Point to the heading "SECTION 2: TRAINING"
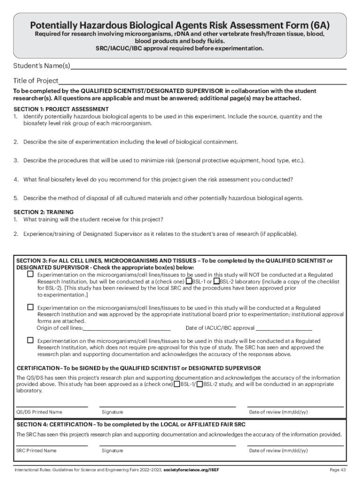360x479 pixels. pyautogui.click(x=43, y=212)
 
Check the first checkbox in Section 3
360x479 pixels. pyautogui.click(x=30, y=274)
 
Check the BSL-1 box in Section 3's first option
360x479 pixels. pyautogui.click(x=188, y=282)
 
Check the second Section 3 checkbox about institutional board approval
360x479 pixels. pyautogui.click(x=30, y=307)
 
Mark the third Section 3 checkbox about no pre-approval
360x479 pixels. pyautogui.click(x=30, y=341)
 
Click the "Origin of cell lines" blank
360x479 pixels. pyautogui.click(x=127, y=328)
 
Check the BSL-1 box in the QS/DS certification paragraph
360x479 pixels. pyautogui.click(x=177, y=385)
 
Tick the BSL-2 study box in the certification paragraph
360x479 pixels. pyautogui.click(x=200, y=385)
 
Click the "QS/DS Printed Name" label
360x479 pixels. pyautogui.click(x=39, y=412)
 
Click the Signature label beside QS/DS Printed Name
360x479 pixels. pyautogui.click(x=112, y=412)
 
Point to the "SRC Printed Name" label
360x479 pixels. pyautogui.click(x=36, y=450)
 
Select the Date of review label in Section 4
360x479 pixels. pyautogui.click(x=278, y=450)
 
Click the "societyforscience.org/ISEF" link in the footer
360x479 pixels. pyautogui.click(x=195, y=470)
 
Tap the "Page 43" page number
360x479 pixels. pyautogui.click(x=338, y=470)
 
